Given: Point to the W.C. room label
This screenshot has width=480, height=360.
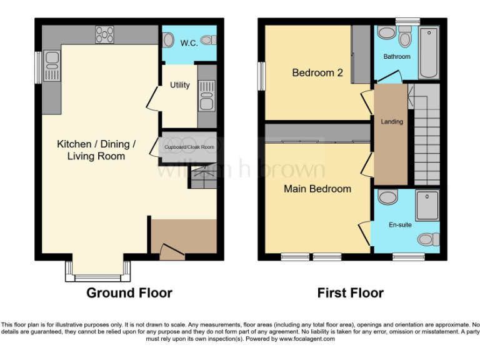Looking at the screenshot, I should pyautogui.click(x=189, y=43).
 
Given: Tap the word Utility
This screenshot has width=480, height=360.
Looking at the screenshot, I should pyautogui.click(x=180, y=85).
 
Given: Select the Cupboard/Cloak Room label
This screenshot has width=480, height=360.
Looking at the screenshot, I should pyautogui.click(x=189, y=147).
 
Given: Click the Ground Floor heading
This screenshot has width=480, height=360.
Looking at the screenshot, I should pyautogui.click(x=129, y=292).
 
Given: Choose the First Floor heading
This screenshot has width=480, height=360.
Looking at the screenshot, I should pyautogui.click(x=350, y=292).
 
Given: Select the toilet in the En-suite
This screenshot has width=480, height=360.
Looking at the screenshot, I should pyautogui.click(x=428, y=239).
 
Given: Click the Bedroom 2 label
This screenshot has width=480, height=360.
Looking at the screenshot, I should pyautogui.click(x=317, y=72).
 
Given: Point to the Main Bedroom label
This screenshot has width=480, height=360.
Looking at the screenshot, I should pyautogui.click(x=317, y=189).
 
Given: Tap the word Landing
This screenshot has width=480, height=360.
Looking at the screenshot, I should pyautogui.click(x=392, y=122).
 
